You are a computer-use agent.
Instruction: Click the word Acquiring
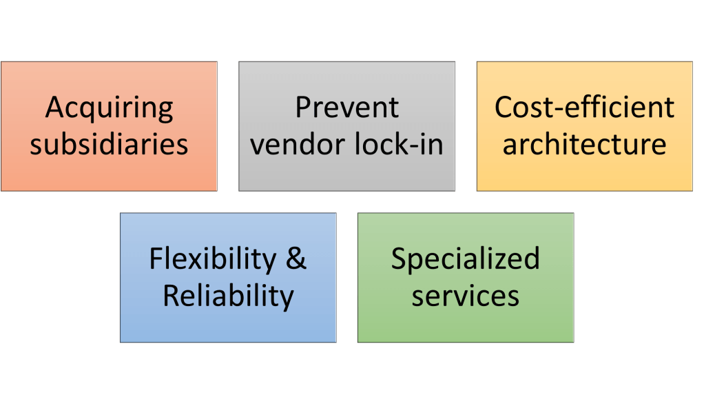click(109, 108)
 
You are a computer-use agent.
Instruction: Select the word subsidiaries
click(109, 145)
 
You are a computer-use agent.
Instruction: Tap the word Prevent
click(346, 108)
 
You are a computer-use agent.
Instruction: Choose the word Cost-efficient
click(584, 108)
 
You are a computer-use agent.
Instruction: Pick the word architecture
click(584, 145)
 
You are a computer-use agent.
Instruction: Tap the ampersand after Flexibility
click(296, 259)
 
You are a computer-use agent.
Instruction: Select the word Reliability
click(228, 296)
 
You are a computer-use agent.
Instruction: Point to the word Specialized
click(465, 259)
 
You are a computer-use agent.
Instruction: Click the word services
click(465, 296)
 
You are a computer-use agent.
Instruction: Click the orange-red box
click(109, 172)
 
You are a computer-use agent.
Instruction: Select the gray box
click(346, 172)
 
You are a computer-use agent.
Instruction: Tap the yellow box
click(584, 172)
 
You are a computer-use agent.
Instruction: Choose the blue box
click(228, 324)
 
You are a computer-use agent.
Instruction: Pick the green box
click(465, 324)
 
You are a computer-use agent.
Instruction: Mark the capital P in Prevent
click(302, 108)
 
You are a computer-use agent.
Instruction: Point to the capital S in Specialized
click(400, 259)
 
